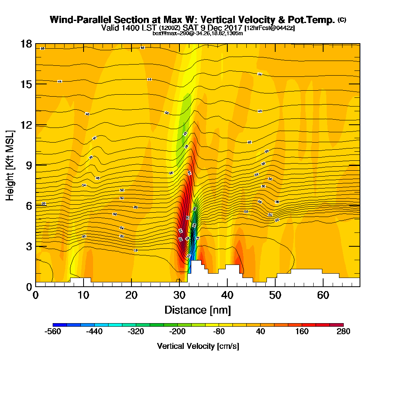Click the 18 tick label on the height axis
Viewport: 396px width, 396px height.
pos(26,44)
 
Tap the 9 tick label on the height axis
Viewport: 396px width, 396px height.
pos(29,165)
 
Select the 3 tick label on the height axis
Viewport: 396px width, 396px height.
pos(29,246)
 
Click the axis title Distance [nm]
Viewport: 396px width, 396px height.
pos(198,310)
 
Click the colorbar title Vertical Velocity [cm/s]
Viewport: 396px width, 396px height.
pos(198,346)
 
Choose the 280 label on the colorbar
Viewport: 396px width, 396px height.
pos(343,331)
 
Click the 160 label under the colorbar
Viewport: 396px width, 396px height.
pos(302,331)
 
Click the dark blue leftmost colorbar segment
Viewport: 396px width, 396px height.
pos(60,325)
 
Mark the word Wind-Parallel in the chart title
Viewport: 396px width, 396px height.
pos(82,20)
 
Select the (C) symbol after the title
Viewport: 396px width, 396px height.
pos(342,20)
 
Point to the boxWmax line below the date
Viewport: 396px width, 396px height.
pos(198,33)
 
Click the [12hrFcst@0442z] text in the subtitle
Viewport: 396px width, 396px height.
pos(270,28)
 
